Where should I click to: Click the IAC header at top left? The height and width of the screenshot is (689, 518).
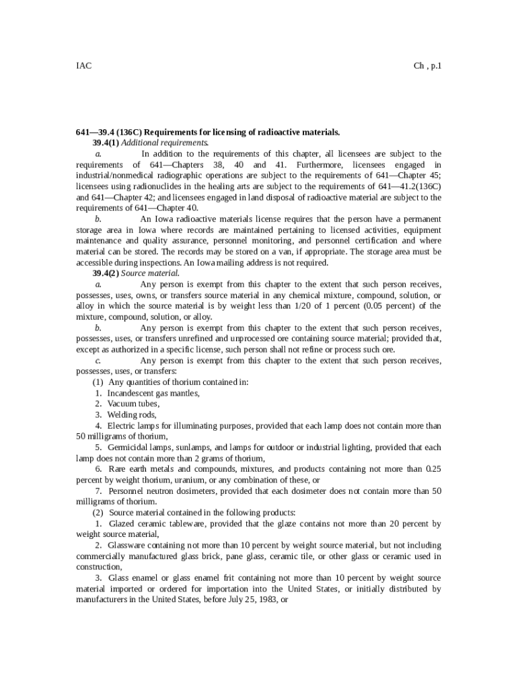pyautogui.click(x=83, y=66)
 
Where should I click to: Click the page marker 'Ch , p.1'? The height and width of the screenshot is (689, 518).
pyautogui.click(x=427, y=66)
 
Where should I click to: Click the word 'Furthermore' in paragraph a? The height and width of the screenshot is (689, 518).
pyautogui.click(x=316, y=165)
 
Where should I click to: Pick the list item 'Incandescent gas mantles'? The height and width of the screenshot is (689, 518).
pyautogui.click(x=144, y=392)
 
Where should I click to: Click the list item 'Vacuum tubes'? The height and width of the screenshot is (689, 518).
pyautogui.click(x=133, y=403)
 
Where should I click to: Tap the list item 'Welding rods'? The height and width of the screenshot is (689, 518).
pyautogui.click(x=132, y=414)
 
